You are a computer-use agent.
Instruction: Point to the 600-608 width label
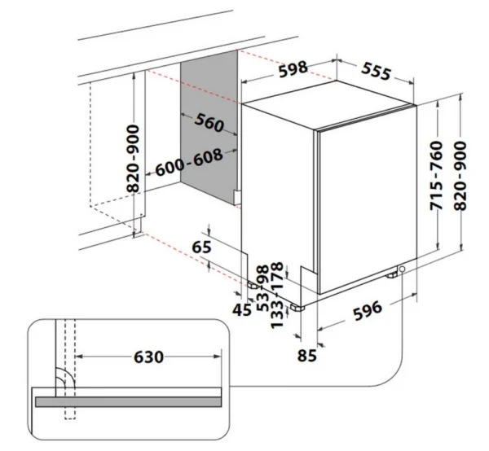(x=188, y=165)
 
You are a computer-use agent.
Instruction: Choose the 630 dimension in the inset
(x=148, y=357)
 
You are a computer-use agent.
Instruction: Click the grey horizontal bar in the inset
(x=127, y=401)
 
